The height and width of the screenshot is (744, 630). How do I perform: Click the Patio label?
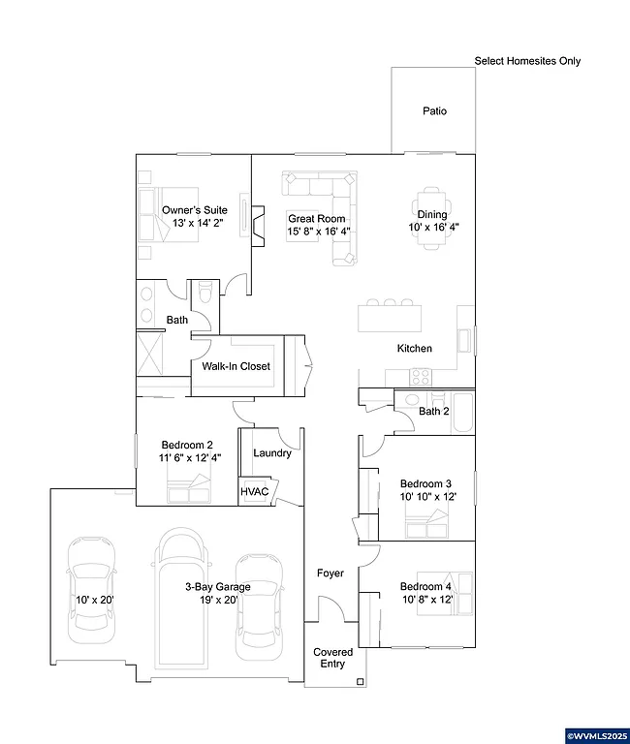[434, 111]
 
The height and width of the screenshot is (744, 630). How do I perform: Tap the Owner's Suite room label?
[194, 209]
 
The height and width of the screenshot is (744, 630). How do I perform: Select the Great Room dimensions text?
[318, 232]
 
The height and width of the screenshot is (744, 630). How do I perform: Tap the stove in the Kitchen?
[422, 376]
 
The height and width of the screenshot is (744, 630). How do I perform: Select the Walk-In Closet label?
[236, 367]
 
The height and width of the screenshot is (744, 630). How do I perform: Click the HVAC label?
[253, 492]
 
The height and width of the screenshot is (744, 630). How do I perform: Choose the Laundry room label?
[272, 453]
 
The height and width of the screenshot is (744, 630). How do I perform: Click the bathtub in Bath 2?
[462, 411]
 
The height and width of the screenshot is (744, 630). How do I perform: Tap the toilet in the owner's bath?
[205, 293]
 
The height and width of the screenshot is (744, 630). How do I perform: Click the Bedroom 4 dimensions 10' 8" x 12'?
[426, 601]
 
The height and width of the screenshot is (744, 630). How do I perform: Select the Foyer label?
[331, 573]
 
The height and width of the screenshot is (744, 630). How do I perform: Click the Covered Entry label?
[332, 659]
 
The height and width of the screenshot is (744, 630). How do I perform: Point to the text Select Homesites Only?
[527, 61]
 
